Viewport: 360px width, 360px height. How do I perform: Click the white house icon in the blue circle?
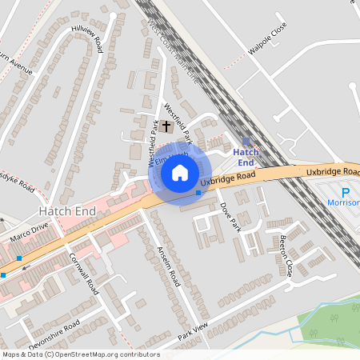[180, 172]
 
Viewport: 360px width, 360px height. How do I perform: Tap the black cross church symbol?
[166, 126]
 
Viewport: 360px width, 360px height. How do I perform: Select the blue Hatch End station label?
[244, 157]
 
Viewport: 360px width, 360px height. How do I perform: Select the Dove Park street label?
[229, 216]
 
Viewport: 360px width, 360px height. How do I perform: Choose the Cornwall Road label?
[83, 274]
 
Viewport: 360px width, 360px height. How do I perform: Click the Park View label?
[193, 331]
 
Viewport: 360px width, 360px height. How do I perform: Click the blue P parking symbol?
[346, 193]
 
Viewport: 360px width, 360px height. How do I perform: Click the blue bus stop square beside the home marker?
[198, 192]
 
